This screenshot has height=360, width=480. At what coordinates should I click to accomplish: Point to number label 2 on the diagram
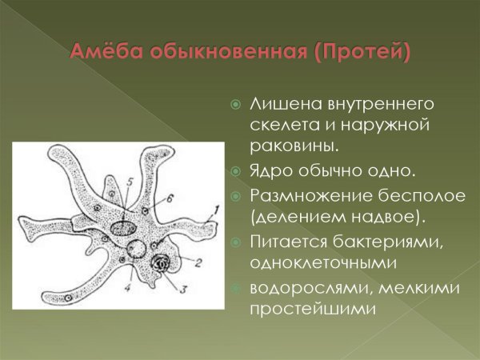tap(198, 262)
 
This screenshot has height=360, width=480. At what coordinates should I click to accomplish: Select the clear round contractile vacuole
tap(140, 249)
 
